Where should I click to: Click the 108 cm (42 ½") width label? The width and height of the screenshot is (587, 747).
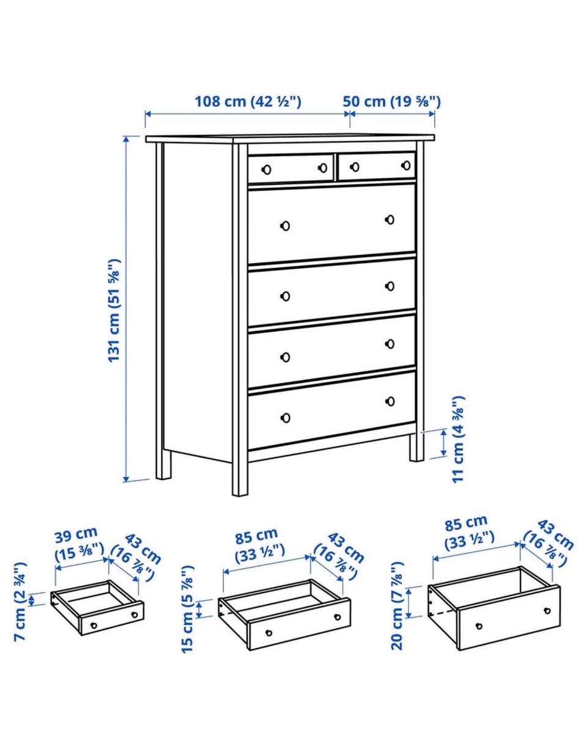pyautogui.click(x=248, y=102)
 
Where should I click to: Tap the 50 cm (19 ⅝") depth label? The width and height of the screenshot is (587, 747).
pyautogui.click(x=392, y=102)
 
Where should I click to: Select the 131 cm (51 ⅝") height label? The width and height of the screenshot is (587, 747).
pyautogui.click(x=114, y=310)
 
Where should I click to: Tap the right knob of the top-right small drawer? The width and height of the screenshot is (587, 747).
pyautogui.click(x=407, y=166)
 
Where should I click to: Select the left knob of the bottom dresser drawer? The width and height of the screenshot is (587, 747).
pyautogui.click(x=285, y=418)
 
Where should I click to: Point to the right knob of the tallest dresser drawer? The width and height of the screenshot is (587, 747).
pyautogui.click(x=390, y=219)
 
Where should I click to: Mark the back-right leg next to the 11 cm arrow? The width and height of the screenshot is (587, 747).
pyautogui.click(x=416, y=447)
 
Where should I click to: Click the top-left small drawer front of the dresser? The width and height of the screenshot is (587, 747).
pyautogui.click(x=290, y=168)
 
